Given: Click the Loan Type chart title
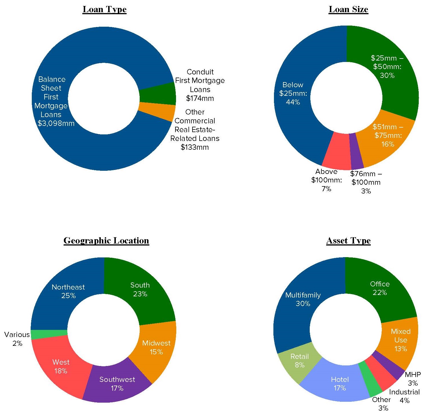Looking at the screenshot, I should (104, 9).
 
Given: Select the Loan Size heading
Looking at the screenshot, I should (348, 9).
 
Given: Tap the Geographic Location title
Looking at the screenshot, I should (106, 241).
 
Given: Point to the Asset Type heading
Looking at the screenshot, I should (348, 241).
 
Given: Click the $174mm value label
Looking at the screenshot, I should (200, 98).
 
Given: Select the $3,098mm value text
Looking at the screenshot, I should (56, 123).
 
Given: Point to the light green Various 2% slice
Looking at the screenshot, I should (49, 334).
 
